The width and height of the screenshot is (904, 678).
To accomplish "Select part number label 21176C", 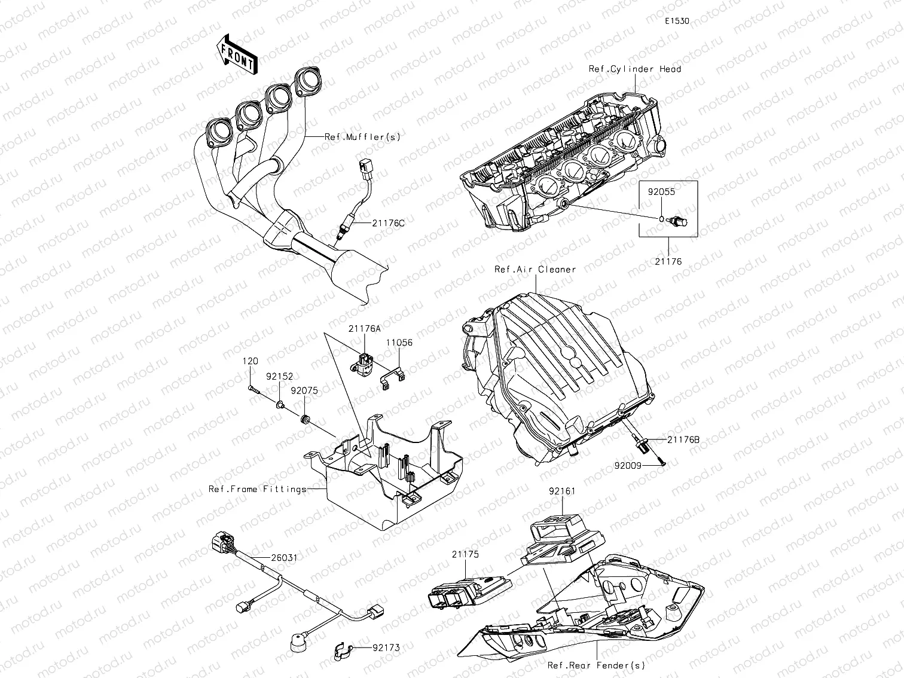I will click(x=388, y=223).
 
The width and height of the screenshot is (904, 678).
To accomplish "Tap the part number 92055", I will click(x=662, y=193).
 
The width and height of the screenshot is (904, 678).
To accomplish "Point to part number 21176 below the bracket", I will click(x=668, y=261).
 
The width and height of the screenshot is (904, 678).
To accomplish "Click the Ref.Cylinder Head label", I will click(x=634, y=69).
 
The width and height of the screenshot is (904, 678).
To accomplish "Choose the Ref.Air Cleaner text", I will click(x=535, y=269).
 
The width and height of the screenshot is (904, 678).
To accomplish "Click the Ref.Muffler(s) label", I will click(x=362, y=137).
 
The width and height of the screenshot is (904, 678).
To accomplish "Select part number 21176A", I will click(x=365, y=329).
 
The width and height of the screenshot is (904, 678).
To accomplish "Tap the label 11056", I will click(x=399, y=343).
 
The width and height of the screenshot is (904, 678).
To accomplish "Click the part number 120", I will click(x=250, y=361).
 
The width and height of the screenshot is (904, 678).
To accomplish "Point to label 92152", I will click(x=280, y=377).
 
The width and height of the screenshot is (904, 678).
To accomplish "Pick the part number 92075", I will click(x=304, y=391).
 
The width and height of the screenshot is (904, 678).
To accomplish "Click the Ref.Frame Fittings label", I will click(x=257, y=489).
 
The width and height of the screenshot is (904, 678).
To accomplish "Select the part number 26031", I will click(x=284, y=557).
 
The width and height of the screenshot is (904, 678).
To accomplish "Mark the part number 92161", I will click(x=562, y=491).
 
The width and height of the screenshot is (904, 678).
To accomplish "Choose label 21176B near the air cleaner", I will click(x=683, y=439).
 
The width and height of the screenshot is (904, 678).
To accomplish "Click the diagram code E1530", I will click(x=677, y=21).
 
